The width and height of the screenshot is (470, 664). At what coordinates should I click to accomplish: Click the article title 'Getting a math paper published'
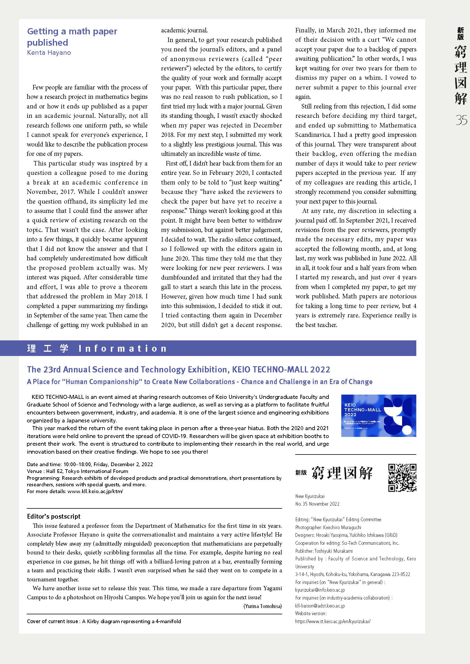tap(72, 37)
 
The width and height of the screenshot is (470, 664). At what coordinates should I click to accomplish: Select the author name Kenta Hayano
tap(49, 53)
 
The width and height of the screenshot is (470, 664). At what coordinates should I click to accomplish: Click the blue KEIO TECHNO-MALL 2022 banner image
tap(379, 416)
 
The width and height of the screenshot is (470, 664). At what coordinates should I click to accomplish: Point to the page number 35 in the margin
tap(461, 120)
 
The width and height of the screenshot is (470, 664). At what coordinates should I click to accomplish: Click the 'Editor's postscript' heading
tap(53, 516)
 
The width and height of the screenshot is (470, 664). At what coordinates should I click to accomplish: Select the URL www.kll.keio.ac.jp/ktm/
tap(95, 491)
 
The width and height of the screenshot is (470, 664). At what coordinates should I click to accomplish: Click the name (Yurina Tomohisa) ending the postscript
tap(263, 606)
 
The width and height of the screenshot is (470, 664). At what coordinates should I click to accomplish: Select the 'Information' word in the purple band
tap(123, 348)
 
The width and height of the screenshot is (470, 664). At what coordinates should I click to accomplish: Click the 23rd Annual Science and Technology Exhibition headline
tap(178, 369)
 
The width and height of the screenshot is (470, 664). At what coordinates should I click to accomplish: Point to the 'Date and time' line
tap(90, 464)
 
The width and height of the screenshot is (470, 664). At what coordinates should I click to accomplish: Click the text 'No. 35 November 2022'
tap(317, 504)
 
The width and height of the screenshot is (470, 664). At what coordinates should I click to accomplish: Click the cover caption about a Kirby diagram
tap(104, 621)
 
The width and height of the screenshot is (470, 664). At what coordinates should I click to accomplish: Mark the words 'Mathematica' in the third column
tap(398, 125)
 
